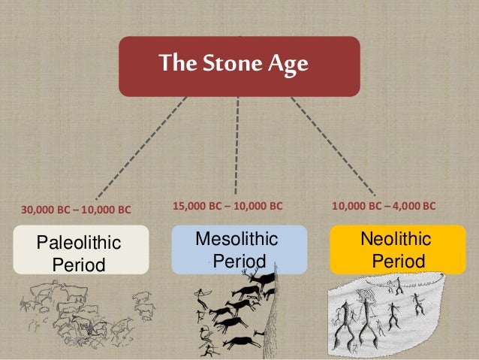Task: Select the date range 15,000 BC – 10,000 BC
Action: tap(227, 204)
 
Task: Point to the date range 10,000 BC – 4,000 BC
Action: tap(384, 204)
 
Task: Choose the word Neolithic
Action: tap(396, 240)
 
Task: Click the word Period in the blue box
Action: tap(238, 262)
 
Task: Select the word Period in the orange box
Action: tap(398, 262)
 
